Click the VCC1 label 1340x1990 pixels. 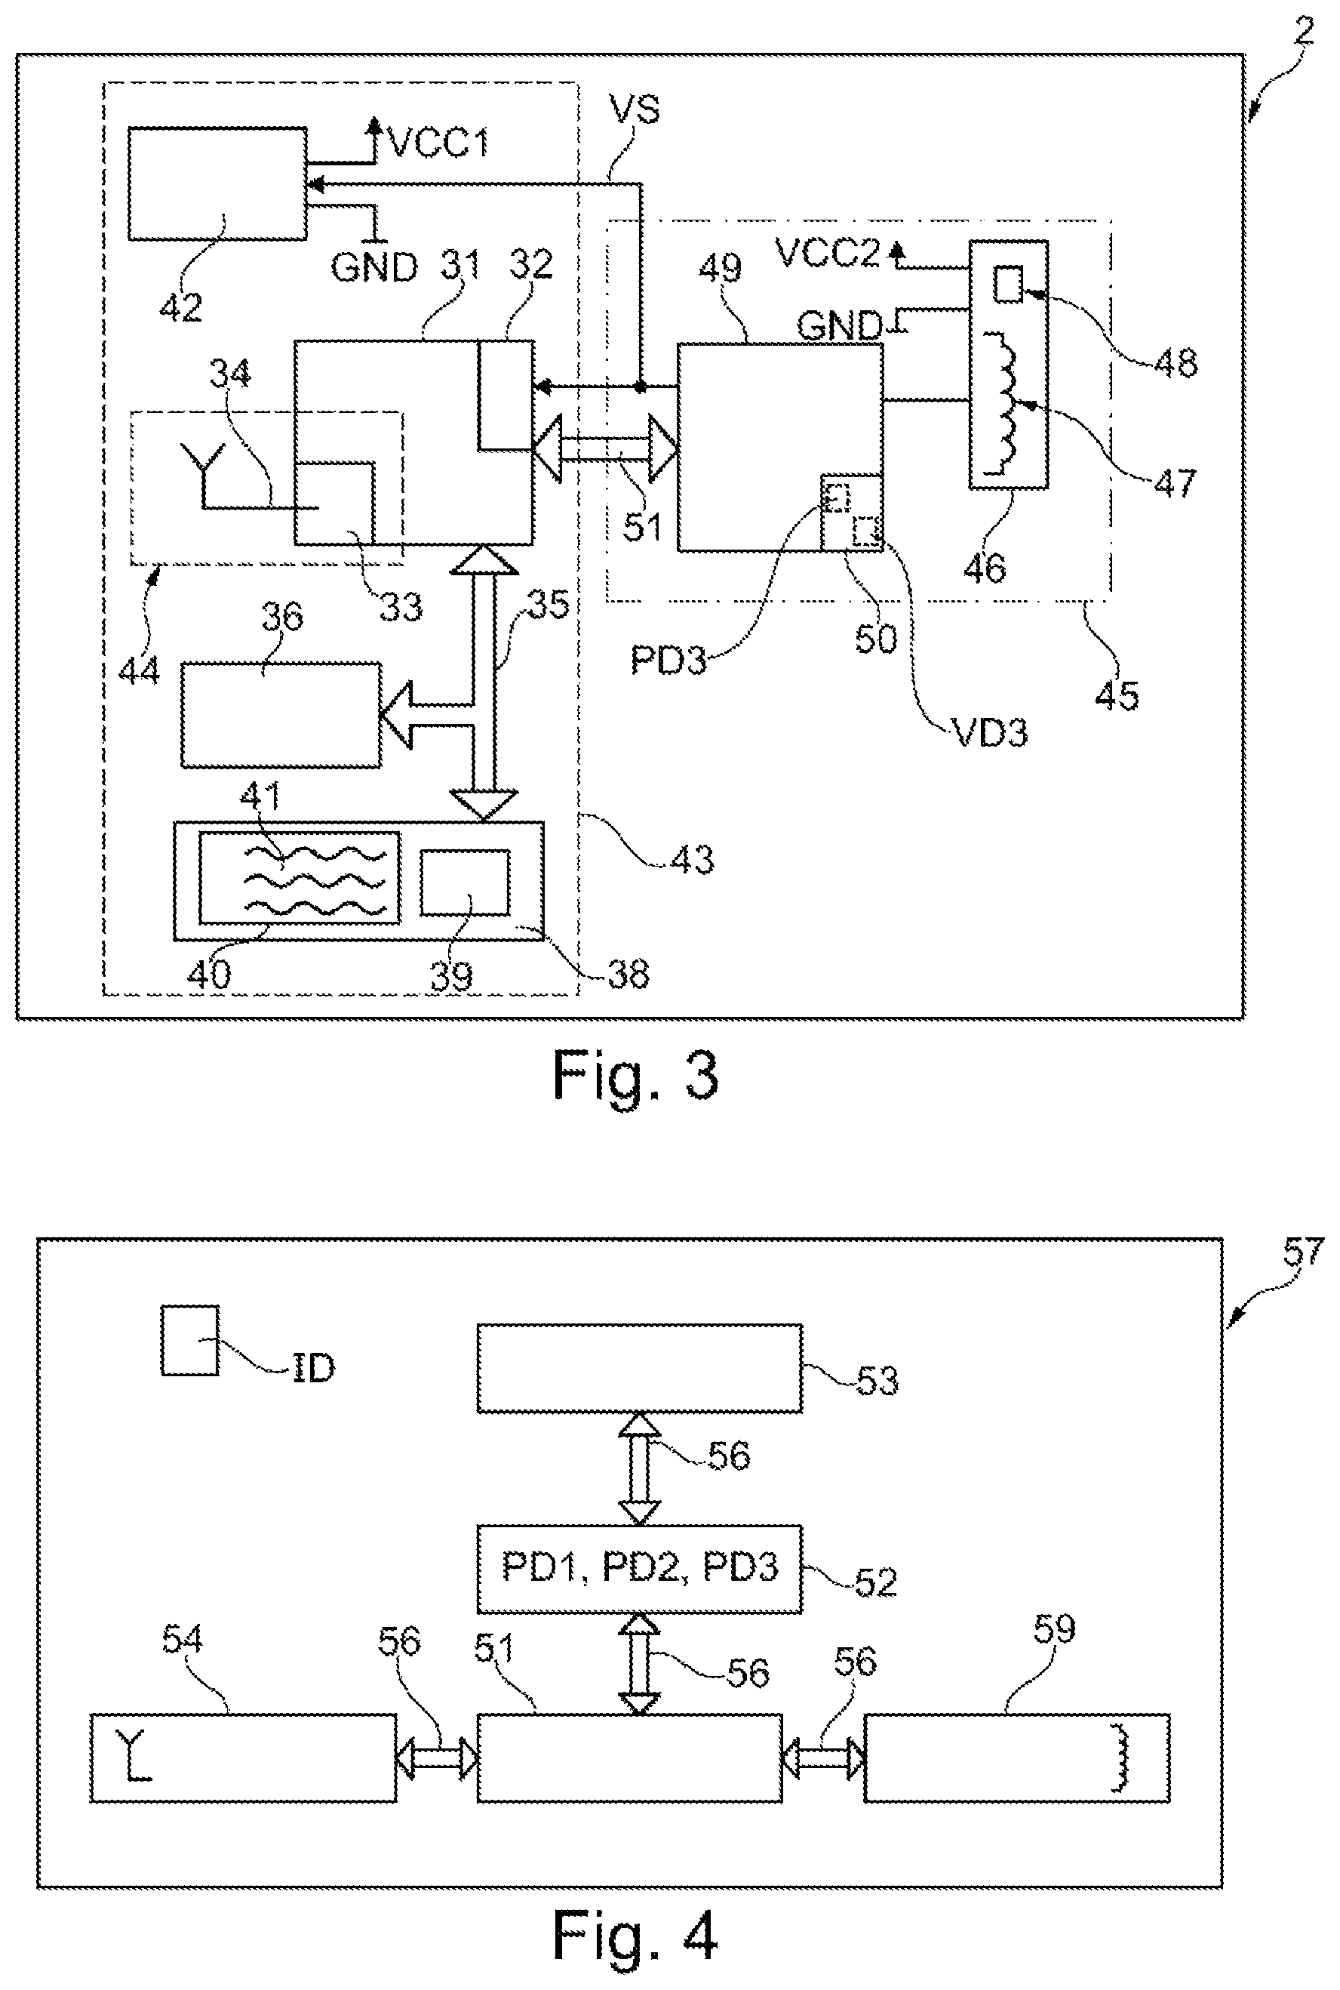pyautogui.click(x=439, y=141)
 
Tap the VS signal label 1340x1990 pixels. pyautogui.click(x=634, y=109)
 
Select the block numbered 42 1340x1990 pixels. pyautogui.click(x=217, y=183)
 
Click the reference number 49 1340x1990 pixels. pyautogui.click(x=720, y=269)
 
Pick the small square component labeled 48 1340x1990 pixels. pyautogui.click(x=1007, y=284)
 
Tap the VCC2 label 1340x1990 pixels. pyautogui.click(x=826, y=253)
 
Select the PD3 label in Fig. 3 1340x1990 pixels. pyautogui.click(x=668, y=659)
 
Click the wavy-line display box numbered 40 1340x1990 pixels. pyautogui.click(x=299, y=878)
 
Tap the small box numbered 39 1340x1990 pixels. pyautogui.click(x=465, y=883)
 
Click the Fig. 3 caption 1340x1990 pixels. pyautogui.click(x=635, y=1075)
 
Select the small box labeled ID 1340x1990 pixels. pyautogui.click(x=189, y=1340)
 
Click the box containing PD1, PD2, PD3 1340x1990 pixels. pyautogui.click(x=639, y=1569)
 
